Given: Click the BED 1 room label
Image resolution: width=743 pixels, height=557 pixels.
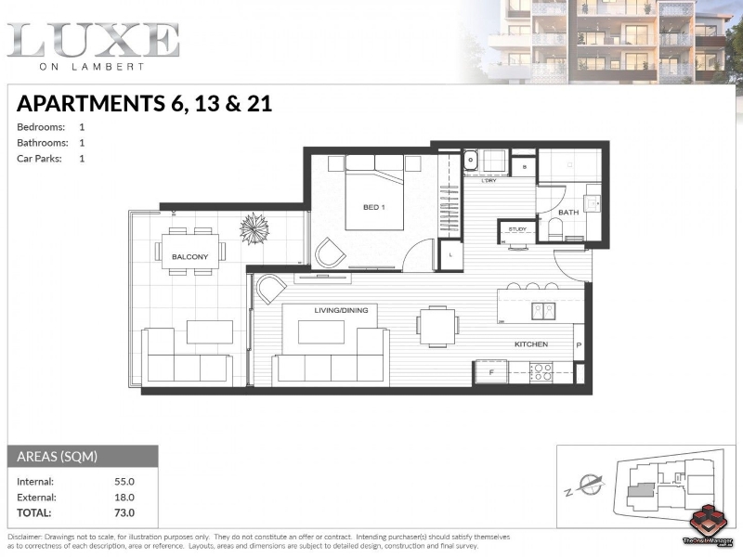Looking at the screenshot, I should [x=373, y=207].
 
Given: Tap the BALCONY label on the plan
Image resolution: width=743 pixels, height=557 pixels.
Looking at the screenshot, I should [x=189, y=255].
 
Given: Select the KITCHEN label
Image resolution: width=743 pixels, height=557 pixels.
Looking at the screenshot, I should [x=531, y=344].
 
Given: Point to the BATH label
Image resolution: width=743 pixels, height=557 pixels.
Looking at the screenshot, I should [x=568, y=213].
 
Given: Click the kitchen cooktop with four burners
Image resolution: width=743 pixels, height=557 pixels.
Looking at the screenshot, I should [x=541, y=372].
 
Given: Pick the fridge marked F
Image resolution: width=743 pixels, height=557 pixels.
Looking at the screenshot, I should [x=489, y=373].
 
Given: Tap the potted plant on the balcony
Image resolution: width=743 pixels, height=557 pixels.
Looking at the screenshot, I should [x=254, y=227].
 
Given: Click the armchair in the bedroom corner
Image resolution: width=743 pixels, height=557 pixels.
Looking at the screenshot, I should [x=329, y=252].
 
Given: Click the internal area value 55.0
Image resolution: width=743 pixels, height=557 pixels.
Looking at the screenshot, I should [x=124, y=481].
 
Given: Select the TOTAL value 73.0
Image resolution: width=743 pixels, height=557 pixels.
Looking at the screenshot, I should [x=124, y=512].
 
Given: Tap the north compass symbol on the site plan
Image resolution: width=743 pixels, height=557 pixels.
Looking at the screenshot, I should [x=588, y=484].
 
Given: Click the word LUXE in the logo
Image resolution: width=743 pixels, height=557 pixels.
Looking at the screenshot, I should [x=93, y=40].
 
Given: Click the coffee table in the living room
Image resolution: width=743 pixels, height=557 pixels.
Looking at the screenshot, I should [x=320, y=332].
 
